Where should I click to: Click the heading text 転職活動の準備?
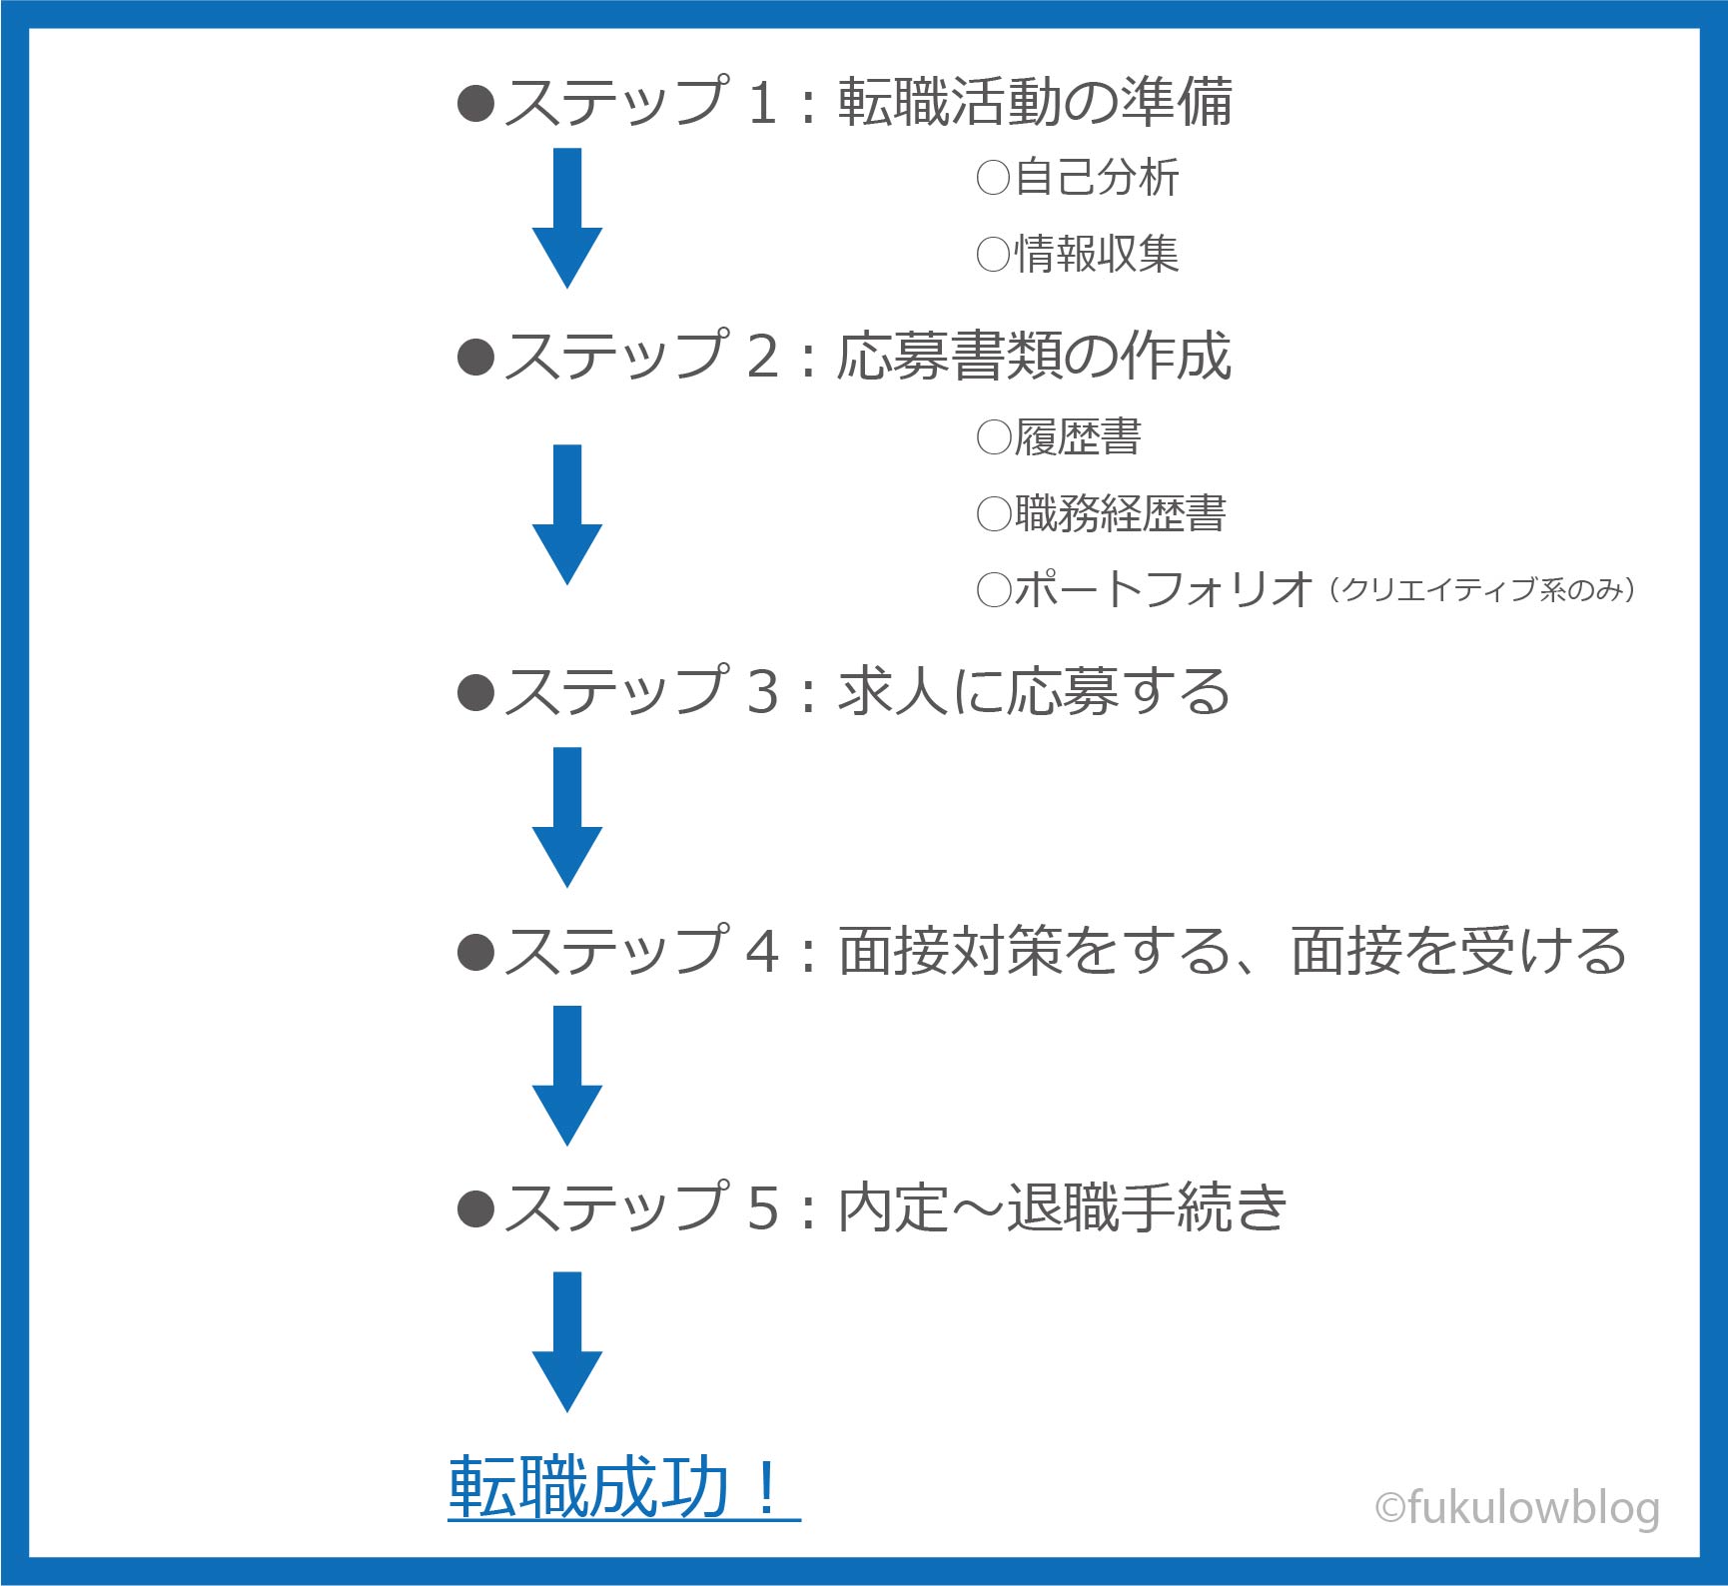pyautogui.click(x=1035, y=102)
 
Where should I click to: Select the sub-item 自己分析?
pyautogui.click(x=1097, y=178)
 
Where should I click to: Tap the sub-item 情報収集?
pyautogui.click(x=1097, y=254)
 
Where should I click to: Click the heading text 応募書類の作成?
pyautogui.click(x=1034, y=357)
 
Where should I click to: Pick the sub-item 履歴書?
pyautogui.click(x=1078, y=437)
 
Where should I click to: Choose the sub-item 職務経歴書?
pyautogui.click(x=1120, y=513)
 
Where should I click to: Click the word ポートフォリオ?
pyautogui.click(x=1163, y=589)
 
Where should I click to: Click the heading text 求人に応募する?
pyautogui.click(x=1034, y=691)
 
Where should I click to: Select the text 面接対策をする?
pyautogui.click(x=1035, y=950)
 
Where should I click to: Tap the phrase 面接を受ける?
pyautogui.click(x=1458, y=950)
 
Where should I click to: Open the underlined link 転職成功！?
pyautogui.click(x=623, y=1487)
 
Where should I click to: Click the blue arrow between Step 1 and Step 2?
pyautogui.click(x=567, y=218)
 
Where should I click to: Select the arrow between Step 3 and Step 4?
pyautogui.click(x=567, y=817)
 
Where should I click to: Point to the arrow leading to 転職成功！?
pyautogui.click(x=567, y=1342)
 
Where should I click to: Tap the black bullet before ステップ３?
pyautogui.click(x=475, y=692)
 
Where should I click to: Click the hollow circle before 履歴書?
pyautogui.click(x=994, y=437)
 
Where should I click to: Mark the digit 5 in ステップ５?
pyautogui.click(x=762, y=1207)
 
